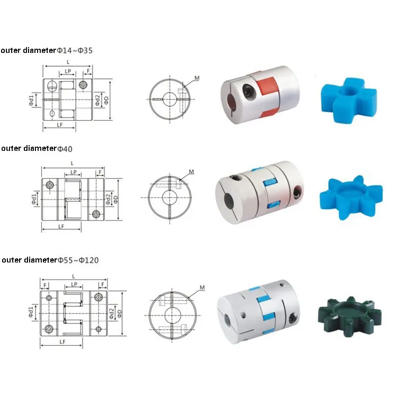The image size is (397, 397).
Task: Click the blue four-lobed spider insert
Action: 348,100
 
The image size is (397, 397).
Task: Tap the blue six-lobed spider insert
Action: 351,197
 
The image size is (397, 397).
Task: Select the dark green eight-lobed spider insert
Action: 350,317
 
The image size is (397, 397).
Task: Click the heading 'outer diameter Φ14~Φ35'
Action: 47,50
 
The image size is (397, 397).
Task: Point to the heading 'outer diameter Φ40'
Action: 37,148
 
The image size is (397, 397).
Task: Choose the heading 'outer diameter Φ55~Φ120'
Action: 50,260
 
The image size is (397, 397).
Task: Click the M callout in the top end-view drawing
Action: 197,78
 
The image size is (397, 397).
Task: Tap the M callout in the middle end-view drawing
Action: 192,172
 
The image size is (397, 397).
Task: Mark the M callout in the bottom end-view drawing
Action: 202,287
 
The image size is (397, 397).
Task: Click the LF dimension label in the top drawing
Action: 60,125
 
